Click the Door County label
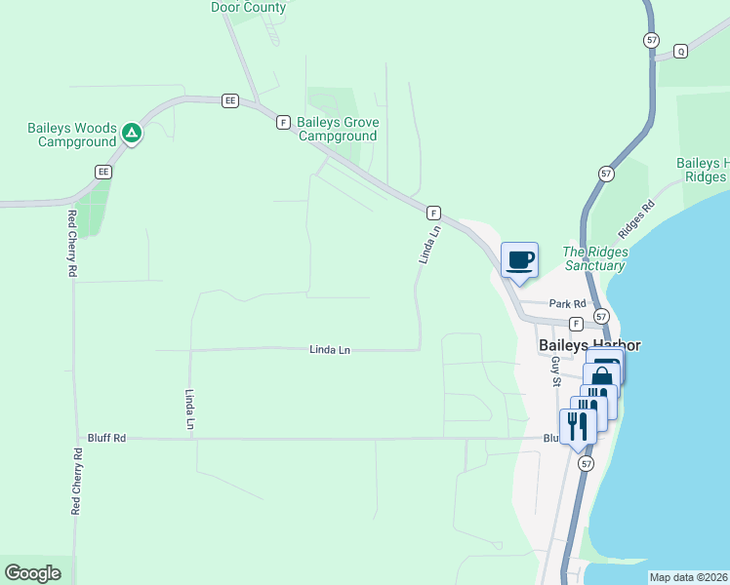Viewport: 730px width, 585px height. tap(249, 7)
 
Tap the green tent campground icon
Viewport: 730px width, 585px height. tap(132, 133)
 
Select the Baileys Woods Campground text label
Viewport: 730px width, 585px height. tap(72, 135)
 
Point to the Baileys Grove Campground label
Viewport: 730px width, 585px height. tap(338, 129)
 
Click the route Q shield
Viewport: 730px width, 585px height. tap(680, 51)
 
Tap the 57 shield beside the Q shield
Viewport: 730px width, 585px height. tap(651, 40)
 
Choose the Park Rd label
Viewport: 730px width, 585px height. tap(566, 303)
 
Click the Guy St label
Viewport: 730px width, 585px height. tap(554, 371)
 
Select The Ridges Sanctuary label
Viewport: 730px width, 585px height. tap(595, 258)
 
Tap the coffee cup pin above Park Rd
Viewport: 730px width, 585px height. tap(519, 260)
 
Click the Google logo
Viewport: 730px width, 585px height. tap(32, 573)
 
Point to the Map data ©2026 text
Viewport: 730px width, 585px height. tap(688, 577)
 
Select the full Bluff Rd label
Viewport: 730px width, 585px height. tap(106, 438)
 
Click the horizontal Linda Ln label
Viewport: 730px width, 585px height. tap(330, 349)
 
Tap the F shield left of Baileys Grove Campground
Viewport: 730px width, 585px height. tap(283, 122)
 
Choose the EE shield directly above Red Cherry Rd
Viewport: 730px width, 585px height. tap(103, 172)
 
